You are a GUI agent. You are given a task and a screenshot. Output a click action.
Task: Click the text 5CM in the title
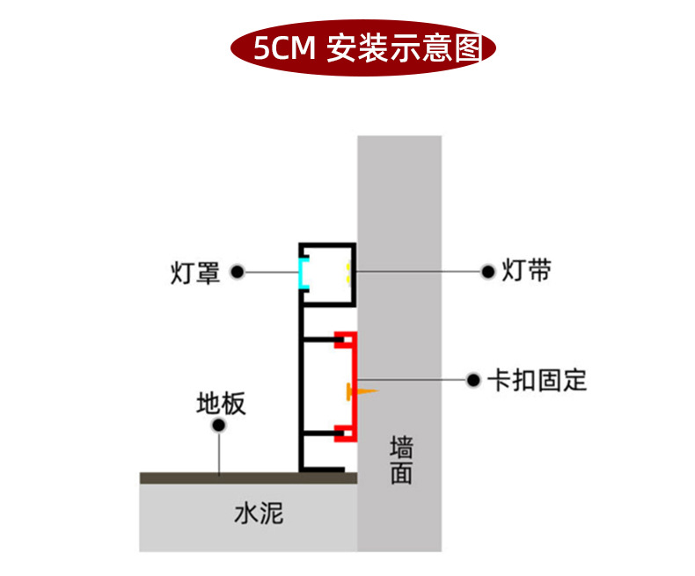tap(283, 47)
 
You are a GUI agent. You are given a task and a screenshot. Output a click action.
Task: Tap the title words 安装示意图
tap(404, 47)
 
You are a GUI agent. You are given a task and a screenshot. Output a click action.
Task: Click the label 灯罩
tap(194, 273)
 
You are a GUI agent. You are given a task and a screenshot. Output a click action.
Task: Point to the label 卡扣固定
tap(538, 381)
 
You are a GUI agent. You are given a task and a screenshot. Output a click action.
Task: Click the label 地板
tap(221, 405)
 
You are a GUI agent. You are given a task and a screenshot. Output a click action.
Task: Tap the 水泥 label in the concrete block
tap(259, 514)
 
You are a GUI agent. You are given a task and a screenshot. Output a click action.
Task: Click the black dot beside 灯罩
tap(237, 273)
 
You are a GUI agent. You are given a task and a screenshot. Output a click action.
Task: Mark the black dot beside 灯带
tap(487, 272)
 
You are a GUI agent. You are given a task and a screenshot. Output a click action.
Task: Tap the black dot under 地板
tap(219, 427)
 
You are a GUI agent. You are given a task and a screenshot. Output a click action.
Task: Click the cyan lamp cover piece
tap(303, 273)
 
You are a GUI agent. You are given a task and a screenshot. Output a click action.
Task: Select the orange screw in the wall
tap(362, 390)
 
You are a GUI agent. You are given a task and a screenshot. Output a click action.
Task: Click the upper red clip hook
tap(345, 338)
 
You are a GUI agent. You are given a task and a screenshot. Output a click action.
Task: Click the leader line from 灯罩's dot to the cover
tap(269, 273)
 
